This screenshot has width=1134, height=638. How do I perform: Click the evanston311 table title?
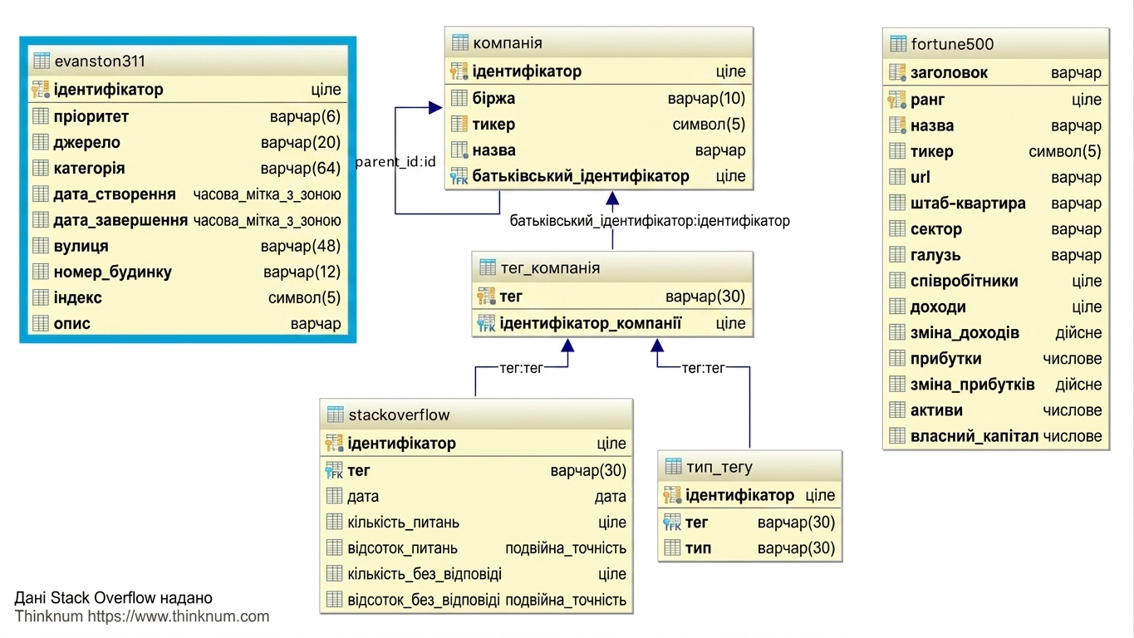pos(100,61)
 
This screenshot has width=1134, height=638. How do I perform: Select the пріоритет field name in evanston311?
pos(91,116)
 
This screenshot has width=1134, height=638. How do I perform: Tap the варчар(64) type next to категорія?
pos(301,168)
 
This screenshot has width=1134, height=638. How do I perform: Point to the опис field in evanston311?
pos(72,323)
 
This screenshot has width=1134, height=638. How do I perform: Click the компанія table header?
pos(508,43)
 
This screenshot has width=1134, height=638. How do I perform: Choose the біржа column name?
pos(493,98)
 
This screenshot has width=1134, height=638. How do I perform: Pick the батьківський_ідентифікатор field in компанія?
pos(581,176)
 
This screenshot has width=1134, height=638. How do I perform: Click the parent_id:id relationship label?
pos(396,162)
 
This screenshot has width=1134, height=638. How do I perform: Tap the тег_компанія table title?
pos(550,267)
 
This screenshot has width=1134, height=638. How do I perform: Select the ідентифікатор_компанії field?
pos(591,323)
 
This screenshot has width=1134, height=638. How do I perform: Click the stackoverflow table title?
pos(399,415)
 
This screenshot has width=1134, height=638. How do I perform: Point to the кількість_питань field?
pos(404,523)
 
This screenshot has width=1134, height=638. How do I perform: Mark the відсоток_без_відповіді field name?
pos(424,600)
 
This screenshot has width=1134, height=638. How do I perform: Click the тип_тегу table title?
pos(719,467)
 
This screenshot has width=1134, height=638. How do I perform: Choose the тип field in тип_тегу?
pos(698,548)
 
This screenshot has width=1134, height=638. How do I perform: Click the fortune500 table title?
pos(952,45)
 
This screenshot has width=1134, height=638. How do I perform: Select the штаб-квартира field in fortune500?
pos(968,204)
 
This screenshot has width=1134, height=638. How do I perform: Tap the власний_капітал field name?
pos(974,436)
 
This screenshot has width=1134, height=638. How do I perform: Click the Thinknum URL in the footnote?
pos(178,616)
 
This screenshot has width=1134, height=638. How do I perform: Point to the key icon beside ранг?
pos(896,100)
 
